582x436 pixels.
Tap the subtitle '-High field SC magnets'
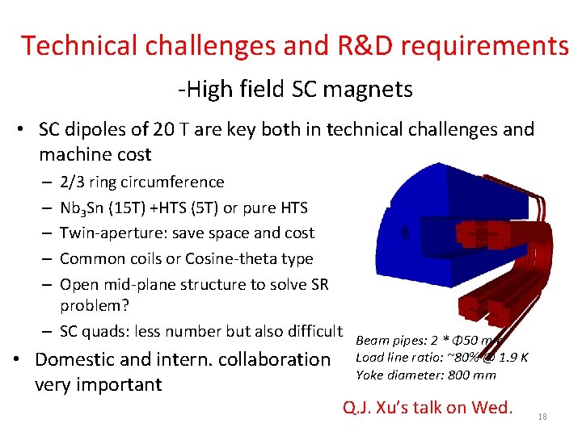(295, 89)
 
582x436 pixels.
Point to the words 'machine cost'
(95, 153)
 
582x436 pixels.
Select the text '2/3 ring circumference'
(141, 182)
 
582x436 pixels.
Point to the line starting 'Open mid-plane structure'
(193, 284)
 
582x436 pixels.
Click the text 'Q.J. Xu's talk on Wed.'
(428, 406)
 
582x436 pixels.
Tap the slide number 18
(542, 416)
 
